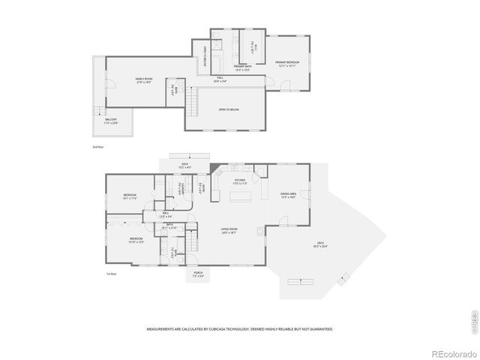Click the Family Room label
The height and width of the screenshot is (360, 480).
click(144, 79)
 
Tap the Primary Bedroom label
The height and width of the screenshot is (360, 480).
click(287, 63)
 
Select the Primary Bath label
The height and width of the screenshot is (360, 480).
click(241, 68)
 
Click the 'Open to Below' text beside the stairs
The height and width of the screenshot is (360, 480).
click(229, 110)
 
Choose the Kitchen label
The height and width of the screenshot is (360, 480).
click(240, 181)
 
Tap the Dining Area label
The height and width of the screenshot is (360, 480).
click(289, 194)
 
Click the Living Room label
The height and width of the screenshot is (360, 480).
click(229, 231)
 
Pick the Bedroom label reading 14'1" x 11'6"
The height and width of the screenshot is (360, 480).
click(130, 196)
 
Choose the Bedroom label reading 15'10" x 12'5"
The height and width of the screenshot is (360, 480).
click(136, 241)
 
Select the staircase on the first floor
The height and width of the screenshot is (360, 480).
click(193, 242)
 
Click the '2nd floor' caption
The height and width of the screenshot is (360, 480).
click(98, 147)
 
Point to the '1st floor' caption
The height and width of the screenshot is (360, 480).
click(111, 274)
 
